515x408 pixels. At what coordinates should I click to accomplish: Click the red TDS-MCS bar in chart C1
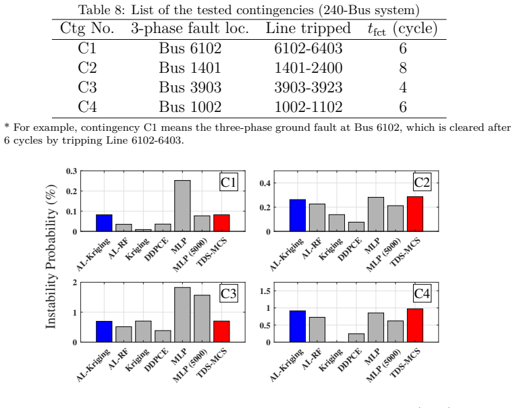(221, 223)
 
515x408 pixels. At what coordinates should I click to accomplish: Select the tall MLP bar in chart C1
(182, 206)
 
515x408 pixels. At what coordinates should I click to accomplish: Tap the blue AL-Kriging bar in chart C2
(298, 215)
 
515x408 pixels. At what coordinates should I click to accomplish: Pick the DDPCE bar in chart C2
(356, 227)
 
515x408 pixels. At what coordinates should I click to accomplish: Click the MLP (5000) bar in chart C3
(202, 318)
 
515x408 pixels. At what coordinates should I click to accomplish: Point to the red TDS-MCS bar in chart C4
(415, 325)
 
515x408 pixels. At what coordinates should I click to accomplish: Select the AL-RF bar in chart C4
(317, 330)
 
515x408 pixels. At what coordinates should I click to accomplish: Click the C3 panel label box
(229, 293)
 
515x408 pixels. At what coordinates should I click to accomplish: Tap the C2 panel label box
(422, 182)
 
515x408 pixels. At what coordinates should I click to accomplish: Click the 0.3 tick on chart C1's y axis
(72, 171)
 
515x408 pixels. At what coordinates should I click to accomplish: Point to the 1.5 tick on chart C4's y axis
(265, 291)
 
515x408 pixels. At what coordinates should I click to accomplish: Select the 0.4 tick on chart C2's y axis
(265, 183)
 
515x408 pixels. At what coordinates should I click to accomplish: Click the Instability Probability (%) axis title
(51, 257)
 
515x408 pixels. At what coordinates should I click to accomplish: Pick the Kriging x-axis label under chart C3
(138, 359)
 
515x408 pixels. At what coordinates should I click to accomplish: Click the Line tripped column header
(308, 28)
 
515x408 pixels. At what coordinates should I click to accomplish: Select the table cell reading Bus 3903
(190, 87)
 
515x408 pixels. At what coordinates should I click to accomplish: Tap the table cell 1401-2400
(308, 68)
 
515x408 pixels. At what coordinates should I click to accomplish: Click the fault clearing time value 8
(403, 68)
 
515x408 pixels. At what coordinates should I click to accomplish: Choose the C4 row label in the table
(87, 107)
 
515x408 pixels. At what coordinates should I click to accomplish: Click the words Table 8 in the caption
(100, 10)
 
